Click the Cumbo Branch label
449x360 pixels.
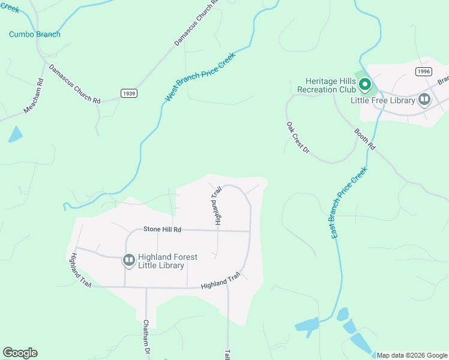tap(34, 34)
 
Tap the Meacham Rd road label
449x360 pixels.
tap(34, 96)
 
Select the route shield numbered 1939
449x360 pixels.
tap(128, 93)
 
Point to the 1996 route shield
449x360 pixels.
tap(423, 71)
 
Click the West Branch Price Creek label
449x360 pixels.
tap(200, 76)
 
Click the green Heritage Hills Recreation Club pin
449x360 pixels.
tap(364, 85)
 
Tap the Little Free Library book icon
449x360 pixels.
tap(425, 100)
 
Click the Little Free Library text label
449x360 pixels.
tap(383, 100)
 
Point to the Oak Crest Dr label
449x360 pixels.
tap(297, 137)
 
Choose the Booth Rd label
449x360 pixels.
tap(364, 139)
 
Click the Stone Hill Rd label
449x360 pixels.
tap(162, 229)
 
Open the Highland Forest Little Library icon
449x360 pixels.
tap(128, 260)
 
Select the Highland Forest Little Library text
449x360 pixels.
tap(168, 261)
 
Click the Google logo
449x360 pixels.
tap(20, 353)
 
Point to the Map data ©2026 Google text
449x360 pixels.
tap(412, 355)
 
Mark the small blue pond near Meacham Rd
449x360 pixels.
tap(15, 134)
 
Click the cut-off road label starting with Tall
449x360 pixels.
tap(228, 354)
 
